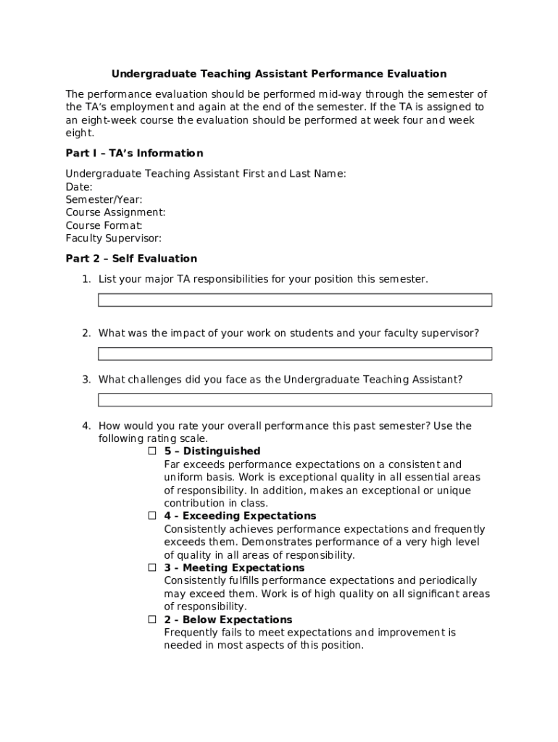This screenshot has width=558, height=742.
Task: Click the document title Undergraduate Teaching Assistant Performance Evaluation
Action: click(278, 74)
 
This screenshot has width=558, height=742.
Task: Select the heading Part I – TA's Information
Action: click(134, 153)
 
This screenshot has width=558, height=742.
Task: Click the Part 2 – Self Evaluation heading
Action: click(131, 259)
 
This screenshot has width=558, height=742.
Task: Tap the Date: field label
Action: click(79, 187)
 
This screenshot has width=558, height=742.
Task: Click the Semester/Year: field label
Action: click(104, 200)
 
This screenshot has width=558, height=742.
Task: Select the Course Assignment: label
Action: click(115, 212)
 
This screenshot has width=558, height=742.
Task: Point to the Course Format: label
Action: click(104, 225)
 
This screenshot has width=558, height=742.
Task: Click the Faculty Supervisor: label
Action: click(113, 238)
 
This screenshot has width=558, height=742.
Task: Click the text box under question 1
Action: click(295, 300)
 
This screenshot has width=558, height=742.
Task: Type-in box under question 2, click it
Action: click(295, 354)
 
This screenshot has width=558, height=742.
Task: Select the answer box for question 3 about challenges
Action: click(295, 400)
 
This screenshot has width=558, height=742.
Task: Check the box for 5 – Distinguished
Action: click(153, 451)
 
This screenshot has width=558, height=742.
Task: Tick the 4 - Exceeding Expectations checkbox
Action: click(153, 516)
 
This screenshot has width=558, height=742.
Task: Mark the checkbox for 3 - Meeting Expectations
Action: click(153, 567)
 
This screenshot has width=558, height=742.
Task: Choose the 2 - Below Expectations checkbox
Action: click(153, 620)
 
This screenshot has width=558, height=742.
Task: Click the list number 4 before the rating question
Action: click(86, 426)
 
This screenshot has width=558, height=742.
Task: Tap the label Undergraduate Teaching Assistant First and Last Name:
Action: click(206, 174)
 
